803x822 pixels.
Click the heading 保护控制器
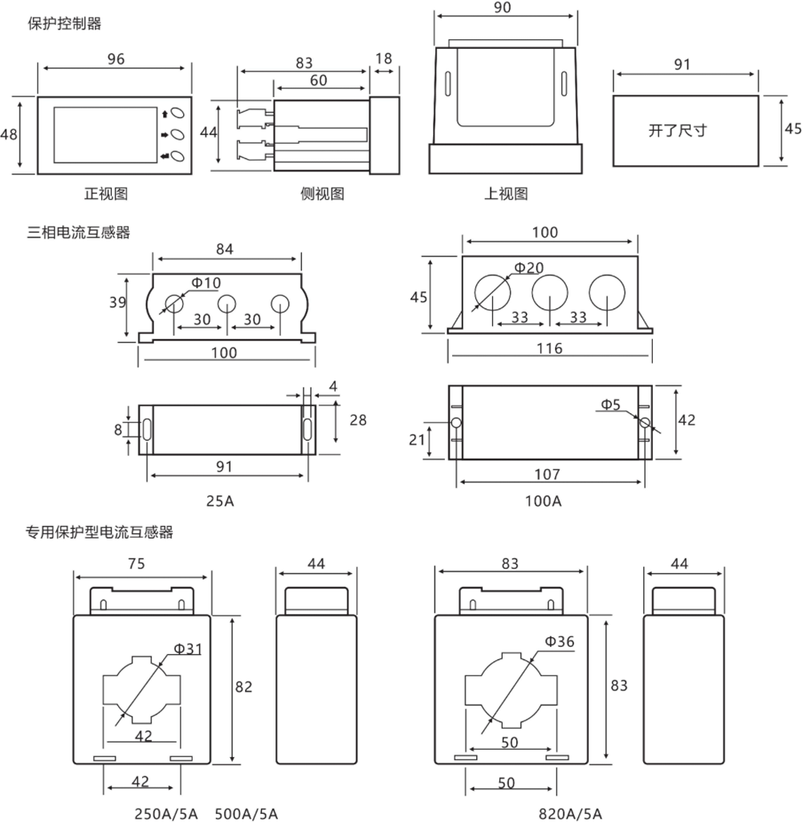pos(64,24)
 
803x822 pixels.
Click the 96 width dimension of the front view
pos(116,59)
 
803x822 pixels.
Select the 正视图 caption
pos(106,193)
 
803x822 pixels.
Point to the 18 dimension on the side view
pos(384,59)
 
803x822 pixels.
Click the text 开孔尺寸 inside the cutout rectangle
pos(678,130)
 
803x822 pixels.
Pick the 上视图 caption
pos(505,193)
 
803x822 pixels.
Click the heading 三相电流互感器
pos(78,234)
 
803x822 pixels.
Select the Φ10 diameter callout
pos(206,282)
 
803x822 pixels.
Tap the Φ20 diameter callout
pos(528,267)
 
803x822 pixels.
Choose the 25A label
pos(220,502)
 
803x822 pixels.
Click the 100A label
pos(544,502)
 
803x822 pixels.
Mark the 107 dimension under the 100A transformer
pos(550,474)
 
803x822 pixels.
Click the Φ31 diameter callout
pos(188,648)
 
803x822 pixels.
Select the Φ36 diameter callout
pos(560,641)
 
